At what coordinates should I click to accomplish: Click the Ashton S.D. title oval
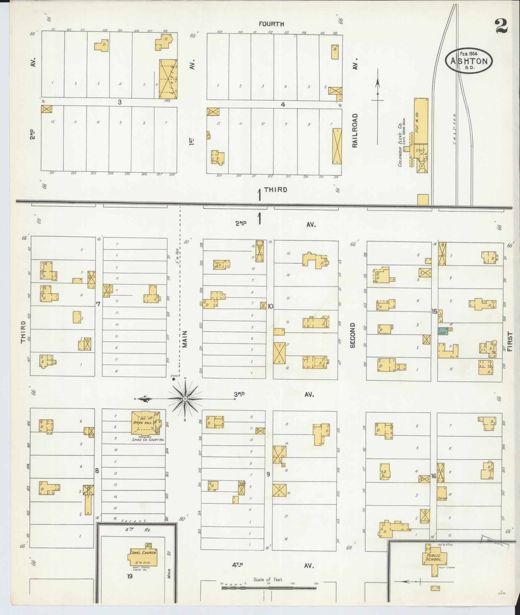pos(469,61)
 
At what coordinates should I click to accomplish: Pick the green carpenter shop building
pos(443,331)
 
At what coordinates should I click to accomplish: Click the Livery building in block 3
pos(168,79)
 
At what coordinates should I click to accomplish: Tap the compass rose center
pos(185,399)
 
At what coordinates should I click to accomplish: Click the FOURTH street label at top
pos(271,24)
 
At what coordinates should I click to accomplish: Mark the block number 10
pos(270,306)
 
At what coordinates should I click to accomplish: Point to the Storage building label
pos(442,498)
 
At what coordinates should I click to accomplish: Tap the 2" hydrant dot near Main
pos(173,379)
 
